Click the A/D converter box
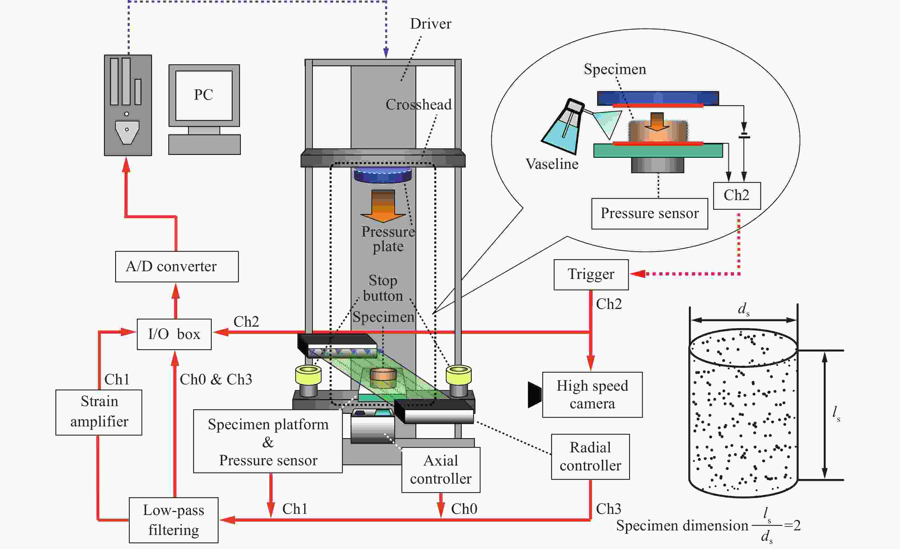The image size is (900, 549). click(x=177, y=266)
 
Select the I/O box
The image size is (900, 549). click(x=174, y=334)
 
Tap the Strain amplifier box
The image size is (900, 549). click(x=99, y=412)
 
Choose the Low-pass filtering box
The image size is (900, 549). click(x=173, y=520)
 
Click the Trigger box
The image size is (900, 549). click(x=591, y=275)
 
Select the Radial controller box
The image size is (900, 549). click(x=590, y=457)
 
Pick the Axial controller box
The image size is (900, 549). click(x=441, y=470)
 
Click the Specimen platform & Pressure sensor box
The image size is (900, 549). click(x=268, y=441)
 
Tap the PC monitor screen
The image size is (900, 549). click(x=204, y=95)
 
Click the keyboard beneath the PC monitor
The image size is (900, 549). click(x=205, y=145)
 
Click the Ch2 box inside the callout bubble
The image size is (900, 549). click(x=737, y=196)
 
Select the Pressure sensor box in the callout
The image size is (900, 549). click(x=650, y=214)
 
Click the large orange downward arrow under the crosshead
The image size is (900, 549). click(x=383, y=206)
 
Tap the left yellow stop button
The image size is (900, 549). click(x=308, y=375)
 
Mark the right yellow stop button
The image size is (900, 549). click(x=459, y=375)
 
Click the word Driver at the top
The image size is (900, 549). click(x=431, y=24)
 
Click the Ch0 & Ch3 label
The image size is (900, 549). click(x=216, y=380)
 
